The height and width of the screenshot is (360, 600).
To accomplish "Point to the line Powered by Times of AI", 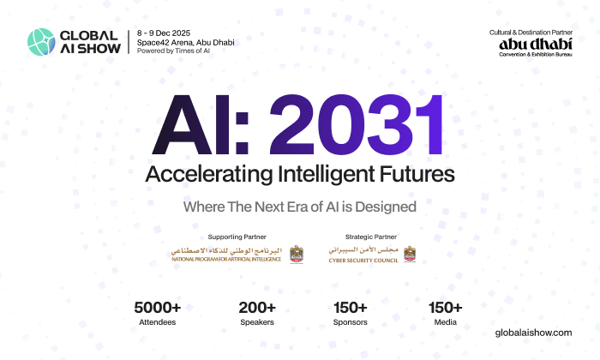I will (174, 51).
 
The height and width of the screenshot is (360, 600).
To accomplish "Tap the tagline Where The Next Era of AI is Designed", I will (300, 207).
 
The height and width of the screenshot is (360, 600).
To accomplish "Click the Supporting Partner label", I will (237, 237).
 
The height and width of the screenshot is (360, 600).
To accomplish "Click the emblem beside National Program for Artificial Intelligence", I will (297, 255).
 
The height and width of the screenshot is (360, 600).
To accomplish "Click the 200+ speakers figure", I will (257, 308).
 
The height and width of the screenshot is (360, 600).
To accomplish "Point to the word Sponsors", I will (350, 323).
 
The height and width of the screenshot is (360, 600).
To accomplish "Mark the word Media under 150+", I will (445, 323).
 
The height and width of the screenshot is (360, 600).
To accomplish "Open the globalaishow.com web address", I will (535, 332).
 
